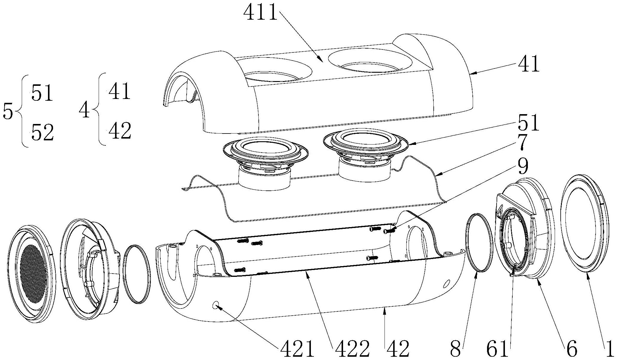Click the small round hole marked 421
[x=216, y=305]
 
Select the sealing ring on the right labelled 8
[x=478, y=242]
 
